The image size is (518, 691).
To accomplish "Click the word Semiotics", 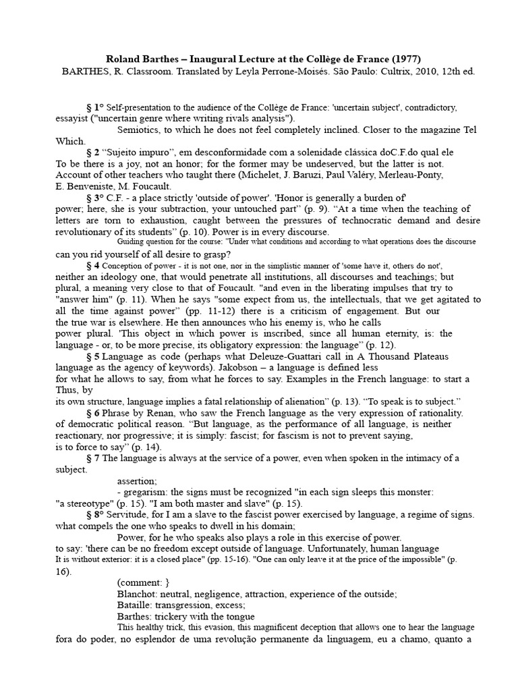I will [x=141, y=130].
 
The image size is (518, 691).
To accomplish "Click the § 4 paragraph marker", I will [x=93, y=266].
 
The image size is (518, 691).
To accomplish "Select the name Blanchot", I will [x=139, y=594].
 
